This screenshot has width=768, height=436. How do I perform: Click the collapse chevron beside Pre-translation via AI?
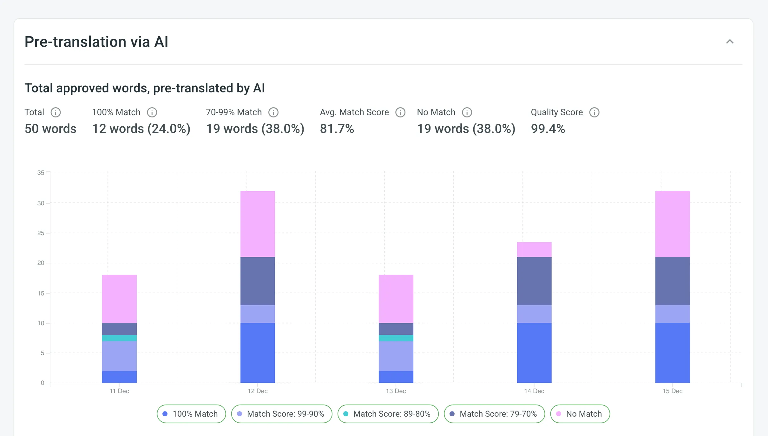(730, 42)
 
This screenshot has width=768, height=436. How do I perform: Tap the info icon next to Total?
(56, 112)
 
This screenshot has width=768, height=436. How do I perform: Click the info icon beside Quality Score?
(594, 112)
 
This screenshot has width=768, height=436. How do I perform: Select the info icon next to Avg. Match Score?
(400, 112)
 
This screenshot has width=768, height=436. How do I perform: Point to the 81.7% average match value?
(337, 129)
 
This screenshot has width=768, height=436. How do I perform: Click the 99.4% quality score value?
(548, 129)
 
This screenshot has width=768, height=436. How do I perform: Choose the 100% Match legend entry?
(191, 414)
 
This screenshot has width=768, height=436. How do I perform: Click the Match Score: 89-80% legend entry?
(388, 414)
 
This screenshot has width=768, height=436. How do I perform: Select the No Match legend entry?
(580, 414)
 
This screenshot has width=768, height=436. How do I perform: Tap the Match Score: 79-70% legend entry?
(494, 414)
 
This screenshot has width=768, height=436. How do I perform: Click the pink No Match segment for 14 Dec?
(534, 249)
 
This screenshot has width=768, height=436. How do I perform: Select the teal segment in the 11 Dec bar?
(119, 338)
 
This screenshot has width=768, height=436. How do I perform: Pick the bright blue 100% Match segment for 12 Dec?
(258, 353)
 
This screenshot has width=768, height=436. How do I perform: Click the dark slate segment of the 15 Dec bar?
(673, 281)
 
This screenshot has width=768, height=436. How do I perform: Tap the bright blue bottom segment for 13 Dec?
(396, 377)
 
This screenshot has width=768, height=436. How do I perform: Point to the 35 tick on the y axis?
(41, 173)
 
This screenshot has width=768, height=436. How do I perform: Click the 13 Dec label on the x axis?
(396, 391)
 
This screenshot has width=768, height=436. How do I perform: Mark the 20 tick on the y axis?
(41, 263)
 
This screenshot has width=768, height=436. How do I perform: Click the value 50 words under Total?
(50, 129)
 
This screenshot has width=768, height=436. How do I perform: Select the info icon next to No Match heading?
(467, 112)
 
